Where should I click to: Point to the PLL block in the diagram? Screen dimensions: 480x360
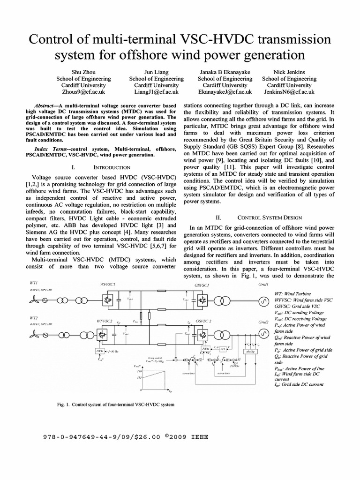[x=224, y=348]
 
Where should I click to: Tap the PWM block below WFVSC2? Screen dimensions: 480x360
[x=99, y=351]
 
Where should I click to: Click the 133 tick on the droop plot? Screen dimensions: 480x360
[x=140, y=377]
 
